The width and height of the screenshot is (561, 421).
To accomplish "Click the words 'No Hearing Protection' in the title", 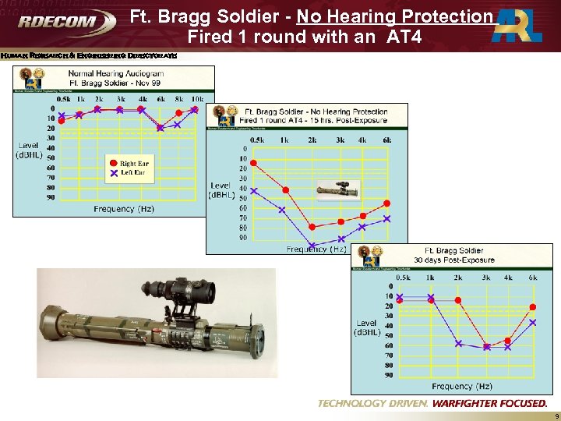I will tap(394, 16).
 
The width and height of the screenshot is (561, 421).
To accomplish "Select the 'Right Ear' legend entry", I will tap(133, 164).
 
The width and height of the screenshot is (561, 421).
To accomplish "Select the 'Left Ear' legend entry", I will tap(132, 172).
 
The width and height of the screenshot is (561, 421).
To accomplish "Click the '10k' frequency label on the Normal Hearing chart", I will tap(198, 99).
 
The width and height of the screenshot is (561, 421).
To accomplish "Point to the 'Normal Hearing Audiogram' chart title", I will tap(115, 73).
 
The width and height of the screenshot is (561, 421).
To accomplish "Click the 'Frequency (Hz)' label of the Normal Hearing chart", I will tap(124, 209).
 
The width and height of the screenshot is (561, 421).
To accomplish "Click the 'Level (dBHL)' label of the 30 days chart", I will tap(367, 327).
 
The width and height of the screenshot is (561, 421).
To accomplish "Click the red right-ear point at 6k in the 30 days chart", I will tap(533, 307).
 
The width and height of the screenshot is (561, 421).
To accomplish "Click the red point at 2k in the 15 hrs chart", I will tap(312, 227).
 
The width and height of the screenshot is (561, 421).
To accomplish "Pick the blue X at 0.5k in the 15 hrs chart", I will tap(253, 191).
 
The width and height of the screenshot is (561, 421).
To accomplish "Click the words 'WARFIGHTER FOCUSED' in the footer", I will tap(489, 403).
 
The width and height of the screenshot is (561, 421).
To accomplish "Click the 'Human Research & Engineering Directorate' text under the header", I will tap(89, 55).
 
